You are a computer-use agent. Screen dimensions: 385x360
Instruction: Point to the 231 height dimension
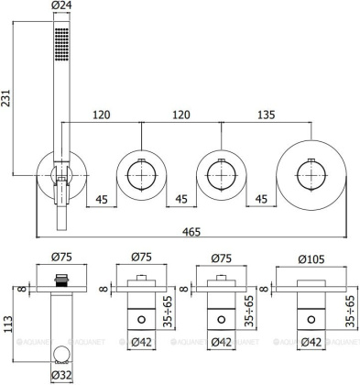pos(7,104)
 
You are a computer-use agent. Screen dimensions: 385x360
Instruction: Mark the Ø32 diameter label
pos(61,375)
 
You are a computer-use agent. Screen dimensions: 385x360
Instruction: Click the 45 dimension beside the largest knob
pos(264,197)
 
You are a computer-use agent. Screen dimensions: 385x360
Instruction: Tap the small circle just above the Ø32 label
pos(61,353)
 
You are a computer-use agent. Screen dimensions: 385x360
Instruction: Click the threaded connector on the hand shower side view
pos(61,278)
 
